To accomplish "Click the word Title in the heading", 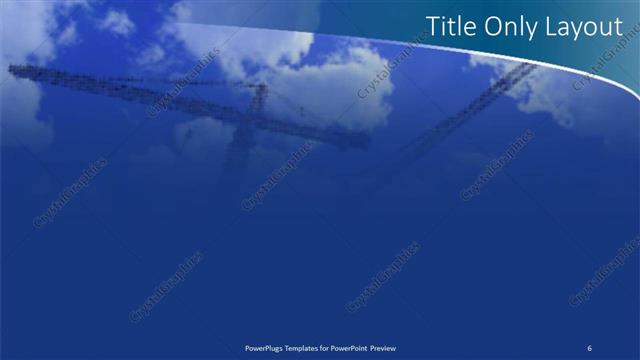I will tap(449, 28).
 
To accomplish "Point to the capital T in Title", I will tap(433, 28).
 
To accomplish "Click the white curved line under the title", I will tap(560, 60).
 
